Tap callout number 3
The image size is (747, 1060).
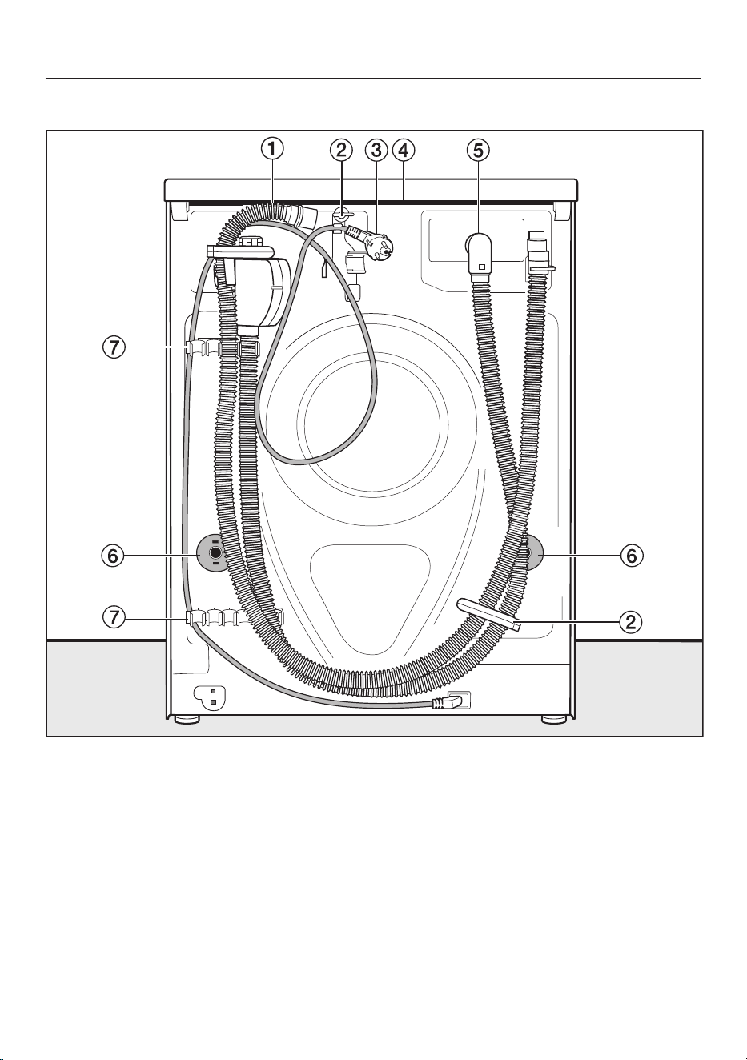click(x=376, y=151)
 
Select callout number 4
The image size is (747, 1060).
click(x=403, y=151)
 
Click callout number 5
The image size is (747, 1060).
click(x=479, y=151)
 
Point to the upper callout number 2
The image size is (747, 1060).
click(x=341, y=151)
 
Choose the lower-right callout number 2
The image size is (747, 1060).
click(x=631, y=622)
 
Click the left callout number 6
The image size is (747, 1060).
click(x=112, y=556)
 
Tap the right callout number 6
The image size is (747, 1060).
click(x=632, y=556)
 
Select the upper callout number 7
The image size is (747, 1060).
click(x=114, y=348)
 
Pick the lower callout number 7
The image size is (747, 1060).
click(x=114, y=617)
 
